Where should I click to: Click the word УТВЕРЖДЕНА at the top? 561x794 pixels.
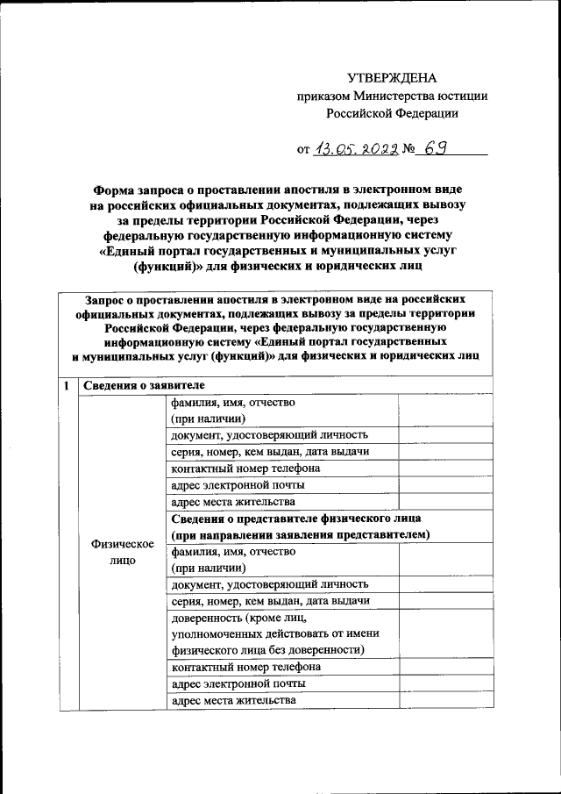click(x=391, y=78)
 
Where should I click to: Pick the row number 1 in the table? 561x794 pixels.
click(x=67, y=386)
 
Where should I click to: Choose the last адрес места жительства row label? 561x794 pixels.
click(x=233, y=700)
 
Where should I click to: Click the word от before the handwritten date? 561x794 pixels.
click(x=303, y=150)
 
